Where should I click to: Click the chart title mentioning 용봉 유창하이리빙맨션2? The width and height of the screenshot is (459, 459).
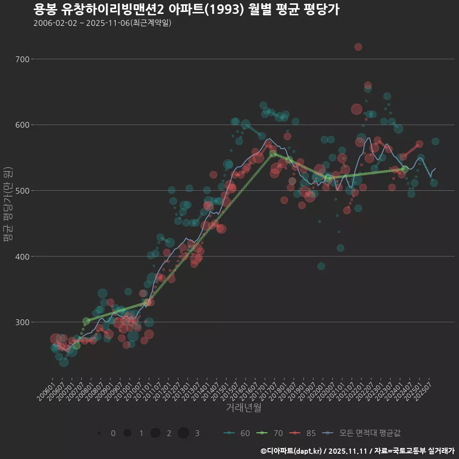coord(186,10)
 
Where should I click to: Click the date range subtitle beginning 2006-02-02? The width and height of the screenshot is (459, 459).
coord(102,23)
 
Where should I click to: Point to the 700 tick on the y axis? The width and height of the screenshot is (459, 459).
coord(22,59)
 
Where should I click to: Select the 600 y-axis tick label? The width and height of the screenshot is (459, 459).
coord(22,125)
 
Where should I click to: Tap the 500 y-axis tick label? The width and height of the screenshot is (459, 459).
coord(22,191)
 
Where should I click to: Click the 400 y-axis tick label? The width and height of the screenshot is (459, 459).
coord(22,256)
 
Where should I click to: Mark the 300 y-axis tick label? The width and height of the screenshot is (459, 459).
coord(22,322)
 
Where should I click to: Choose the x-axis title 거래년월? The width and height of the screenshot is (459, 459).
coord(243,408)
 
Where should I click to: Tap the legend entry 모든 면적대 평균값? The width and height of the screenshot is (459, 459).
coord(362,433)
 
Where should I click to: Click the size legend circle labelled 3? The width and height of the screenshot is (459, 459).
coord(184,433)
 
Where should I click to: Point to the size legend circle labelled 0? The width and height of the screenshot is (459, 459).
coord(99,433)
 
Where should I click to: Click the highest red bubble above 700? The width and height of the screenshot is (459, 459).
coord(358,47)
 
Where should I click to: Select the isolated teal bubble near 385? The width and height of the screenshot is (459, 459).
coord(321,266)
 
